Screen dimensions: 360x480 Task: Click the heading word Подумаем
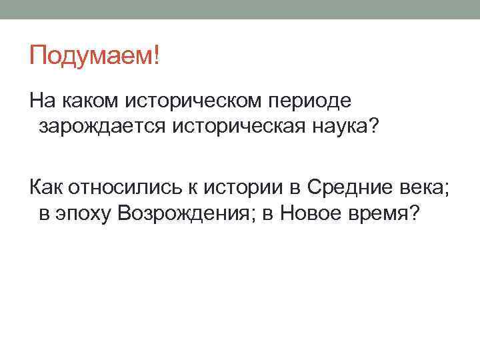(x=90, y=55)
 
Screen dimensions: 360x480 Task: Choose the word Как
(x=46, y=187)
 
